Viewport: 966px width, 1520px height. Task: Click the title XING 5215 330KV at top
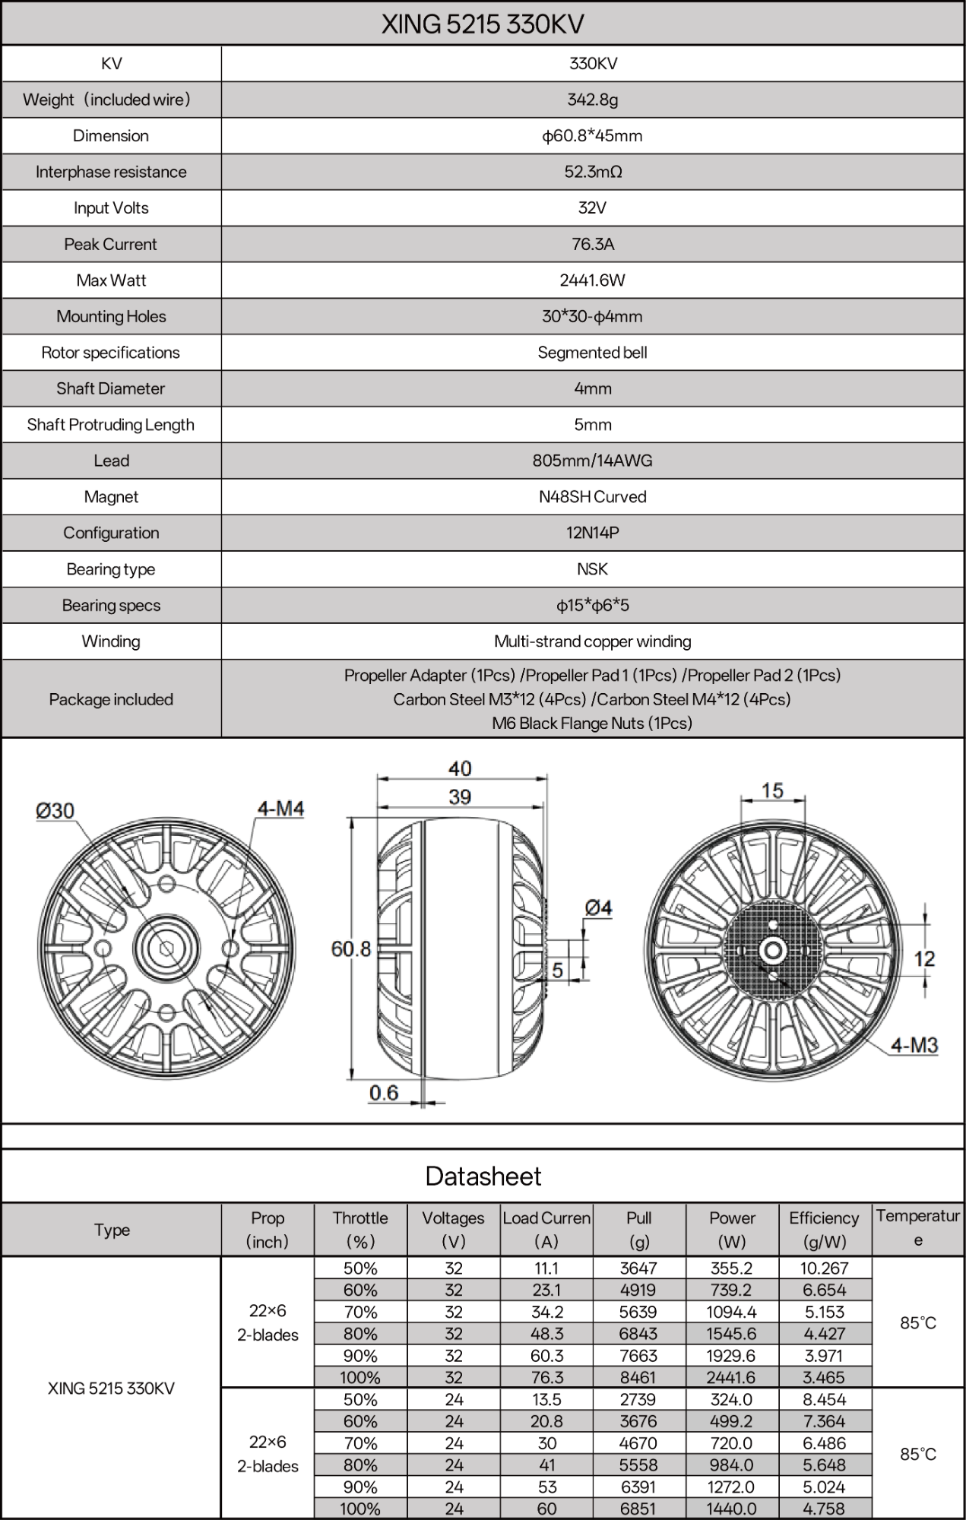coord(483,24)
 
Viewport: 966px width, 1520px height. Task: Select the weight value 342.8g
coord(592,100)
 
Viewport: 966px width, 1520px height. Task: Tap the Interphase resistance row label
coord(111,172)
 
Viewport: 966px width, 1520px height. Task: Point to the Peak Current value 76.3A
coord(592,244)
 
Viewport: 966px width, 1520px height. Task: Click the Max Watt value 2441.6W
coord(592,280)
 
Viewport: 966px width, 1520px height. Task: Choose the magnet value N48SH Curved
coord(592,497)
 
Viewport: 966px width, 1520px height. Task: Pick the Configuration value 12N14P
coord(592,533)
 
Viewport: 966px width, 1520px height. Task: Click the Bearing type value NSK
coord(592,569)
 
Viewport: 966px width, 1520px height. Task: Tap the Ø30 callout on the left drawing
coord(55,811)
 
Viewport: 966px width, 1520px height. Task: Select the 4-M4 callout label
coord(280,809)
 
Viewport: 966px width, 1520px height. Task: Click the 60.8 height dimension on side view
coord(350,949)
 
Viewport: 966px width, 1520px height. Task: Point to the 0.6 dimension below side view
coord(384,1093)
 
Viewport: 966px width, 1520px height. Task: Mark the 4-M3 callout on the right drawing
coord(914,1046)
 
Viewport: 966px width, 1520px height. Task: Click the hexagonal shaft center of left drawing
coord(166,948)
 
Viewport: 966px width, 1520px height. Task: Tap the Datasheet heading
coord(483,1176)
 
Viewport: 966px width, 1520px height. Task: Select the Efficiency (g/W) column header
coord(824,1230)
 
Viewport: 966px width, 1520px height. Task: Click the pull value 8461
coord(638,1377)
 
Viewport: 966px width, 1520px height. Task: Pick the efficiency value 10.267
coord(824,1268)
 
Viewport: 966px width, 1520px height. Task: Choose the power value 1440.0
coord(731,1509)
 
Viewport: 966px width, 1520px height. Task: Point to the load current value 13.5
coord(546,1399)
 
